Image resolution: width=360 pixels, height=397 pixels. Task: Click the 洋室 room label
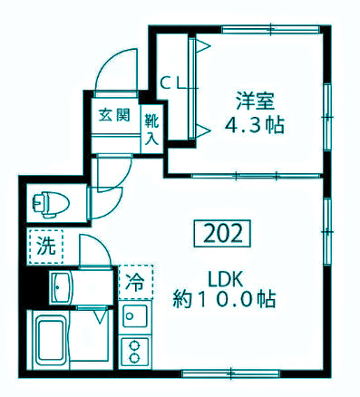click(254, 102)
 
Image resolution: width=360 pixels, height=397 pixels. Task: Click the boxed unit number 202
click(221, 235)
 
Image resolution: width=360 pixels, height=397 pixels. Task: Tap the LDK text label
click(224, 277)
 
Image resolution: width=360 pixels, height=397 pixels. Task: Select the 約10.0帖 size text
click(224, 297)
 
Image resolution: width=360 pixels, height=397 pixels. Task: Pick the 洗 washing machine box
click(44, 245)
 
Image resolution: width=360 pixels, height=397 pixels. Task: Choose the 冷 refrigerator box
click(135, 281)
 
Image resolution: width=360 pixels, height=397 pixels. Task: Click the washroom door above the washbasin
click(92, 249)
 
